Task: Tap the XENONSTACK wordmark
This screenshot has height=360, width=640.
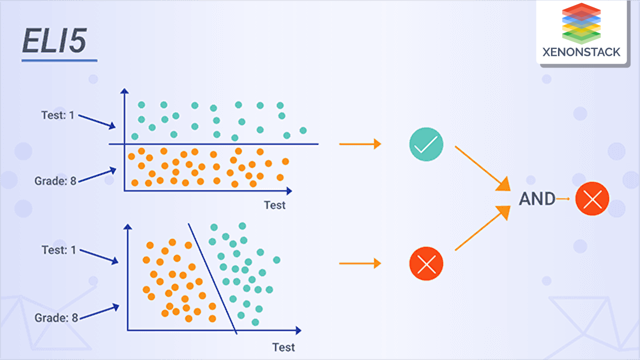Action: (x=581, y=51)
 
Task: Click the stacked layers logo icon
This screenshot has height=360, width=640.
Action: (x=581, y=22)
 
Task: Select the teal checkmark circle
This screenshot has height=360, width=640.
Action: (x=426, y=144)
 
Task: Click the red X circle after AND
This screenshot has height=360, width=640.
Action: (x=592, y=199)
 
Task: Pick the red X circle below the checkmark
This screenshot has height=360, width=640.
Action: (x=426, y=263)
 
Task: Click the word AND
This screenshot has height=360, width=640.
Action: (x=537, y=199)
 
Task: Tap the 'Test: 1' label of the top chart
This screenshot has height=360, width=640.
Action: (x=58, y=115)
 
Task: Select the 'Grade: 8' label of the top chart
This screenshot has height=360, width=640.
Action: (x=55, y=180)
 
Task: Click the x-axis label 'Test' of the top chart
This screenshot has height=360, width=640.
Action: (x=274, y=205)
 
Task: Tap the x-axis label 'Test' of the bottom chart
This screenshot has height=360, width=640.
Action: (x=283, y=347)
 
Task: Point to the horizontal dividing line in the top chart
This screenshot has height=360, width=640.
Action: (x=215, y=144)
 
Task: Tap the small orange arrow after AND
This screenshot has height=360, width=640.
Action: (x=563, y=199)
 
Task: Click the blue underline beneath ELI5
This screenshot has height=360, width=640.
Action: (x=59, y=61)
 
